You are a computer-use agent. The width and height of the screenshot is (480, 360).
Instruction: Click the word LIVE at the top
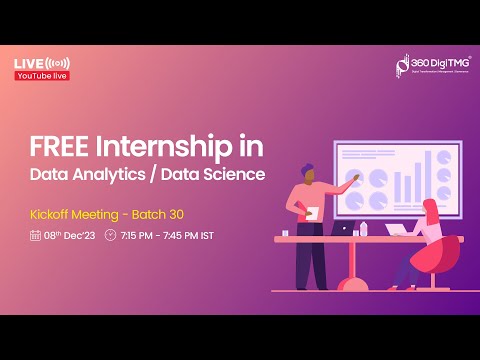tap(28, 64)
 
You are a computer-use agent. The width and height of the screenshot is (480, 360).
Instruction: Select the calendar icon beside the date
tap(36, 236)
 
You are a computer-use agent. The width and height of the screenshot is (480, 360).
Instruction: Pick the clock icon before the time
tap(110, 236)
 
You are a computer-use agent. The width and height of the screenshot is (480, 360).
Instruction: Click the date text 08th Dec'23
tap(69, 236)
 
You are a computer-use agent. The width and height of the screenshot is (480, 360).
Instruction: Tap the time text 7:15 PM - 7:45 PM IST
tap(167, 236)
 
